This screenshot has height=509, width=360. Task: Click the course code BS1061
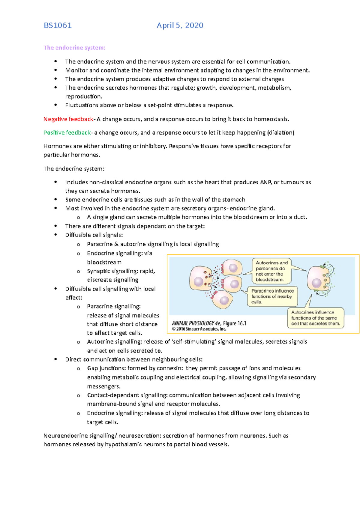point(58,25)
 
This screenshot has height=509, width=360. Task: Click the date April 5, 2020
point(180,25)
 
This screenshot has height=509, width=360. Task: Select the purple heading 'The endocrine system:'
point(74,48)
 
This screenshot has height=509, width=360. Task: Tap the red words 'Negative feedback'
point(68,119)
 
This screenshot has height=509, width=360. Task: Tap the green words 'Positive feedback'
point(67,132)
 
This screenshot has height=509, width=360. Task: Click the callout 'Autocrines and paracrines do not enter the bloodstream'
point(272,271)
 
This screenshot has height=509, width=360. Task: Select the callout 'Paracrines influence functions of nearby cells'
point(272,296)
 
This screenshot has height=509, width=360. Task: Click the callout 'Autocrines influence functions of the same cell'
point(316,318)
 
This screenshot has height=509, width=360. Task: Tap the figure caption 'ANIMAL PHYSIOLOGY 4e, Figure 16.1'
point(209,323)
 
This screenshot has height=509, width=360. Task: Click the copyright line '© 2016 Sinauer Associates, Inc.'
point(199,329)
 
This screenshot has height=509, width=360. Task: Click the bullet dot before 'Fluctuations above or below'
point(55,105)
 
